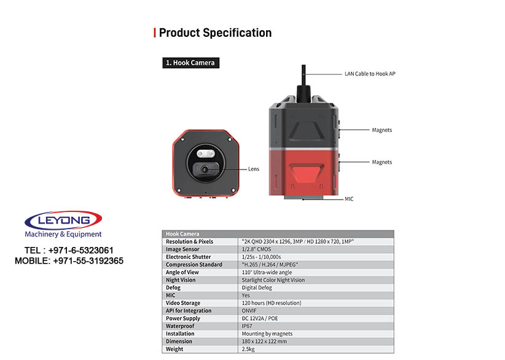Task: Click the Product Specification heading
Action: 215,33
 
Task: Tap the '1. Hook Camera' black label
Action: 190,63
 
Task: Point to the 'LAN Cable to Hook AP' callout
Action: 370,74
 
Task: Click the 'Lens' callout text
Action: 254,169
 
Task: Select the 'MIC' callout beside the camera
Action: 349,199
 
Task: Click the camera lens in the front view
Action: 205,170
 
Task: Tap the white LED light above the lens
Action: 205,154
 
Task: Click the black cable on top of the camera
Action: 303,80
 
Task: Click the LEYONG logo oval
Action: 63,221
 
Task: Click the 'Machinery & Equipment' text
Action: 63,234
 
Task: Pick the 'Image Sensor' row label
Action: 182,249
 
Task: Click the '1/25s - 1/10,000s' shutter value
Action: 262,257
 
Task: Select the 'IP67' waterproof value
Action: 247,326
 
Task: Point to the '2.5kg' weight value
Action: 248,349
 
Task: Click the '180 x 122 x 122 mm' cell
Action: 264,342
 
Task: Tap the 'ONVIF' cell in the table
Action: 249,311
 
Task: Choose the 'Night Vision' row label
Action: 181,280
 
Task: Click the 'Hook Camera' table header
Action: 182,234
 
